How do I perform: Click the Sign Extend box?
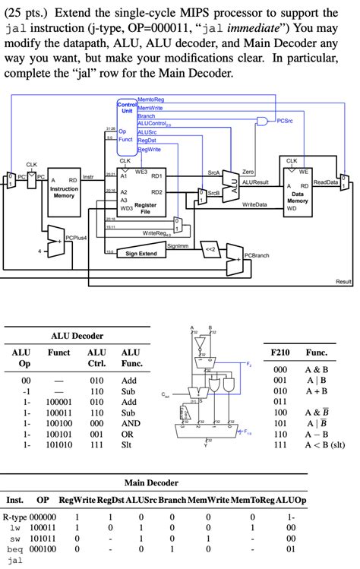coord(141,253)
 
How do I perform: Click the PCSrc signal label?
coord(285,120)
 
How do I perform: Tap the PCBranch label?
coord(256,255)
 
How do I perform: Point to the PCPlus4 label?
coord(76,238)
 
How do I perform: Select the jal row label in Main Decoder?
coord(13,560)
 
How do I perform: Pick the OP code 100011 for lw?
coord(43,526)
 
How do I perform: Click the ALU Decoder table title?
coord(77,335)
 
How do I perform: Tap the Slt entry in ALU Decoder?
coord(127,445)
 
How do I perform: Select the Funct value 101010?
coord(58,445)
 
